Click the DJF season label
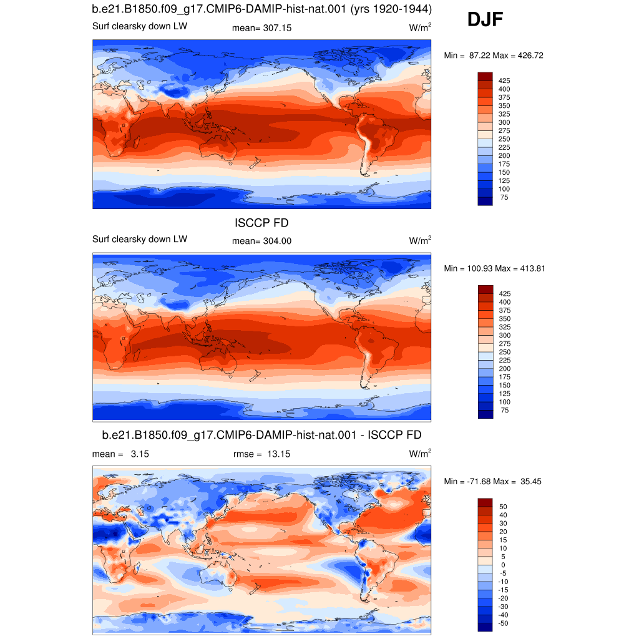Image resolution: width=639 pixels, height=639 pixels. (485, 19)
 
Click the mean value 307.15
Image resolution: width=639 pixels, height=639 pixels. (277, 28)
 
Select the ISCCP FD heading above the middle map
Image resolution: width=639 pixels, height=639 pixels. (261, 223)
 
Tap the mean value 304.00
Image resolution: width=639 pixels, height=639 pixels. (277, 241)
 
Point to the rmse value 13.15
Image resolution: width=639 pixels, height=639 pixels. (279, 454)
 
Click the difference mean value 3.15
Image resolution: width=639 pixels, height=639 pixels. (140, 454)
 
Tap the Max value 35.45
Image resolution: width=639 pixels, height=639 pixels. (531, 482)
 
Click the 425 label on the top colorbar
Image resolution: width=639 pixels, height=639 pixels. (504, 80)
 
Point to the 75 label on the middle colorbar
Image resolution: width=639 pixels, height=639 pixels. (504, 411)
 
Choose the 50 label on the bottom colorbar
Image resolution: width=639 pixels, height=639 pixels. (504, 507)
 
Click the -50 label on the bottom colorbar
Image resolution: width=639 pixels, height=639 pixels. (504, 623)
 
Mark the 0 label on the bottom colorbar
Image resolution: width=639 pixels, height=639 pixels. (504, 565)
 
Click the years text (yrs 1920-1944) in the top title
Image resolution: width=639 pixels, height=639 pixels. (391, 9)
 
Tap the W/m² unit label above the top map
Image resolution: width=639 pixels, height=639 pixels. (420, 27)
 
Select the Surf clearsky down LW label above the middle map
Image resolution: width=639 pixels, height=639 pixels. (139, 239)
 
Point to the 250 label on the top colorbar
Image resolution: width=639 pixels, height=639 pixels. (504, 139)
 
